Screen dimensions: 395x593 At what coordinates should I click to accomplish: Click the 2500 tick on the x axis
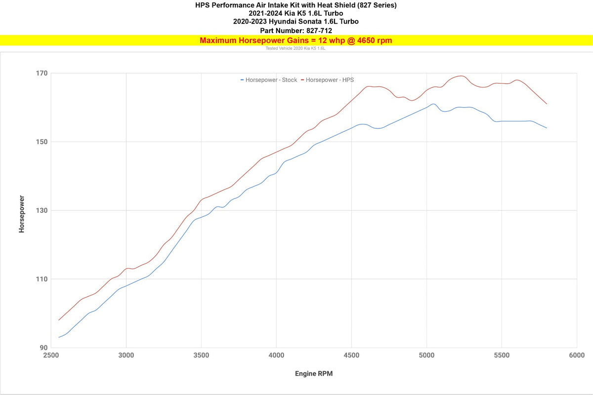pyautogui.click(x=51, y=355)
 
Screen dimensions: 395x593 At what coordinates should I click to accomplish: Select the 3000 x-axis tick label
pyautogui.click(x=126, y=355)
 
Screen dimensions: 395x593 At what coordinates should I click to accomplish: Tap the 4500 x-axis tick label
pyautogui.click(x=351, y=355)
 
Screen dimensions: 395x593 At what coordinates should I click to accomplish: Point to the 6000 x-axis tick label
pyautogui.click(x=577, y=355)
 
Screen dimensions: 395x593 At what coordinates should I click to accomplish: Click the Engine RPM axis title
pyautogui.click(x=314, y=374)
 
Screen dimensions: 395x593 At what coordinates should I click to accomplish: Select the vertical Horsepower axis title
pyautogui.click(x=22, y=214)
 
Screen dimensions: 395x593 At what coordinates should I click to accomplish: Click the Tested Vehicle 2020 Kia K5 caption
pyautogui.click(x=296, y=49)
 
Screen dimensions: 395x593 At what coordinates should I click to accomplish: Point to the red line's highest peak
pyautogui.click(x=461, y=76)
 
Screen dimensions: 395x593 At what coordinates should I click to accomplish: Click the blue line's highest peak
pyautogui.click(x=433, y=104)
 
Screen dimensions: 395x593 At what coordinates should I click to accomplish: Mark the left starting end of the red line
pyautogui.click(x=59, y=320)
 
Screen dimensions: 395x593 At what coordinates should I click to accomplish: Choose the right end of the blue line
pyautogui.click(x=547, y=128)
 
